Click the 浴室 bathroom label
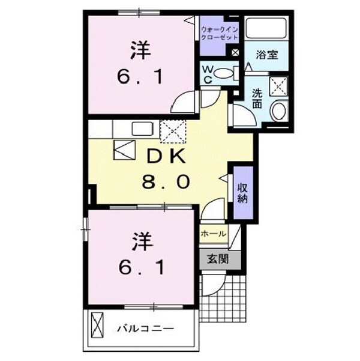click(266, 54)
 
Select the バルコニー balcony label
click(145, 329)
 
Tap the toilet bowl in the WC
click(223, 73)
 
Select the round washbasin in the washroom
click(278, 112)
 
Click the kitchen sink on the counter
click(142, 128)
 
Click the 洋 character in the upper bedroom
click(139, 50)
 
